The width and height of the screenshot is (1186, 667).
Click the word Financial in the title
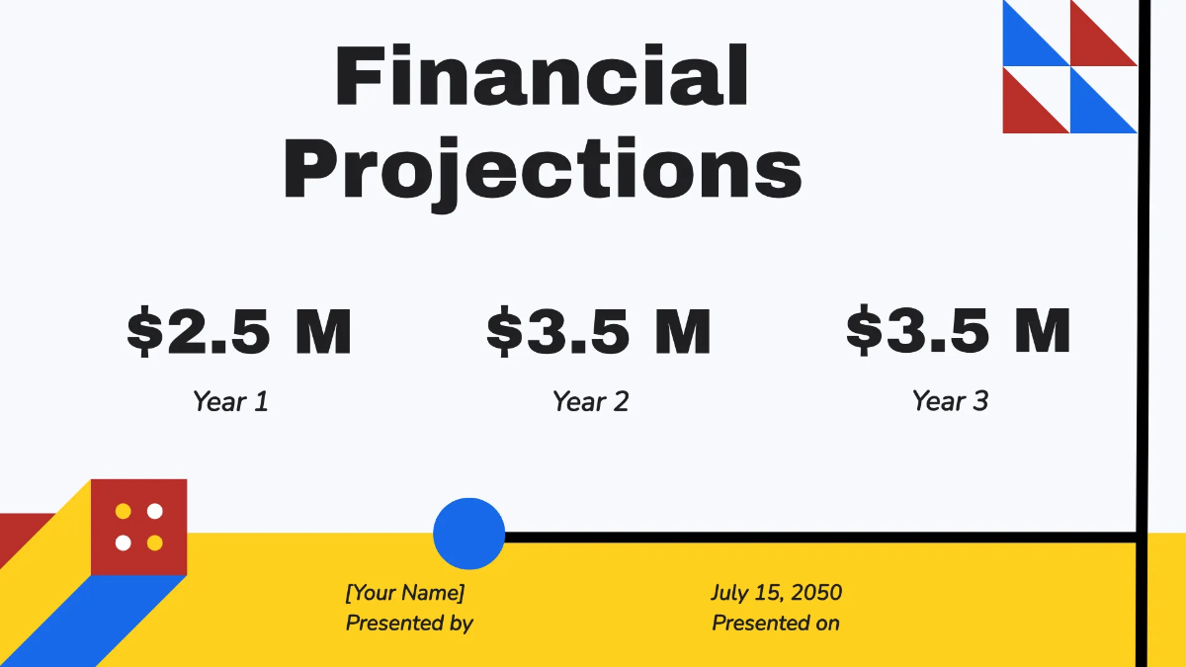542,75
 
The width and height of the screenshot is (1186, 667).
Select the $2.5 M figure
239,330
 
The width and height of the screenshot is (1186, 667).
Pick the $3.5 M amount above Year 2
599,330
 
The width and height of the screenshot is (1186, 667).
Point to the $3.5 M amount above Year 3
959,329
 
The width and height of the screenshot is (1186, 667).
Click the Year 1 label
230,401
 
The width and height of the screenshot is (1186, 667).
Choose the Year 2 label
590,401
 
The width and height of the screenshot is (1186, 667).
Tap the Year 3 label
950,401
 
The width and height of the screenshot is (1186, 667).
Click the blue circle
469,534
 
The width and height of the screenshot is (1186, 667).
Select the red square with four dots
138,528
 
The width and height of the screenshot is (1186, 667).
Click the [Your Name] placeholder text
405,593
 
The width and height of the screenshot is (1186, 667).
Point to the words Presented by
409,624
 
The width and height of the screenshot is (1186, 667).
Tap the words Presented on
776,624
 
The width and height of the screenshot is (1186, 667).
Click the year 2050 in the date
816,592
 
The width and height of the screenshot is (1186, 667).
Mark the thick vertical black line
1144,334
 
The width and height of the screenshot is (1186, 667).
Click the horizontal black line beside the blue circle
820,538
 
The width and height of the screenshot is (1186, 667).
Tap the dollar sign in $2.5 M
144,330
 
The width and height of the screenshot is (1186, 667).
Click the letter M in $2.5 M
323,332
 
